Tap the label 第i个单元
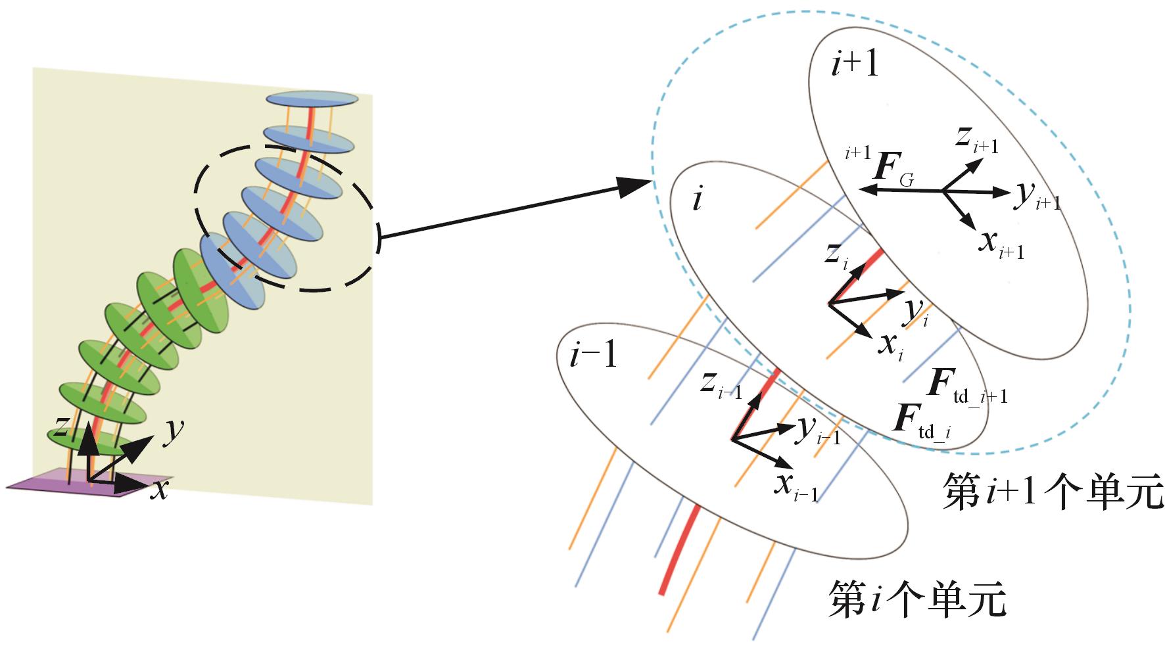(x=916, y=597)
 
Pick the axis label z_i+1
(x=977, y=139)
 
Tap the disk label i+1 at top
(x=855, y=66)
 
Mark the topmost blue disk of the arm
(x=312, y=99)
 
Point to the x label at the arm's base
(x=158, y=490)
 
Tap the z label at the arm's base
(x=60, y=428)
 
